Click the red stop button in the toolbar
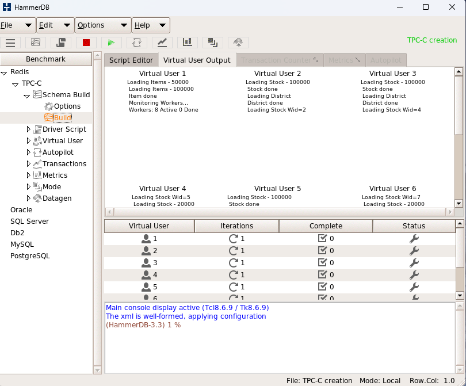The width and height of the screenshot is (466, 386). click(86, 42)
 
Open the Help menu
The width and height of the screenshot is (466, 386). click(151, 25)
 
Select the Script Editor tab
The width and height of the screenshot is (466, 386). click(131, 60)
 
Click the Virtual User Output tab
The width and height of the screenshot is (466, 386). click(197, 60)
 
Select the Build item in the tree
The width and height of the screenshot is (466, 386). click(62, 117)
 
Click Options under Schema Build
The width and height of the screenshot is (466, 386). click(67, 106)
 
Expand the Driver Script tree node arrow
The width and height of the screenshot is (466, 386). click(29, 129)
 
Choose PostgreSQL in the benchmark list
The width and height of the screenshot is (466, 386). click(30, 255)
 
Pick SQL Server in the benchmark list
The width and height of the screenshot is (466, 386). click(29, 221)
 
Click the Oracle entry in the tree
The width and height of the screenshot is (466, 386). click(21, 209)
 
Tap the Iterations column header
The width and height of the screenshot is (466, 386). click(236, 226)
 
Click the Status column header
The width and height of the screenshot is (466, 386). click(414, 226)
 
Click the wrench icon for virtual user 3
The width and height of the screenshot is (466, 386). click(414, 262)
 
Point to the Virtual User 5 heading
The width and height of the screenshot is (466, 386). click(277, 188)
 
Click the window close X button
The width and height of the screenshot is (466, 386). click(452, 7)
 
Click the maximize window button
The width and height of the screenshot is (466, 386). click(426, 7)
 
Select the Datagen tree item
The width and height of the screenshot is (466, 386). click(57, 198)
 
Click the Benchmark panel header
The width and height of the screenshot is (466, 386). click(46, 59)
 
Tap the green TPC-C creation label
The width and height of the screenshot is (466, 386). click(431, 40)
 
